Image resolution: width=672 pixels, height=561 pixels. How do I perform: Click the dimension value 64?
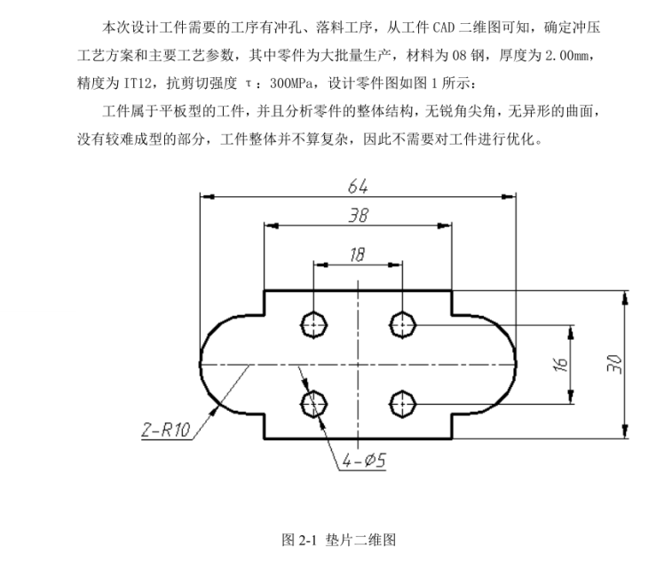click(x=358, y=186)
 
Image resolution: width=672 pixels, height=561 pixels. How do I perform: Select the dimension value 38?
click(x=358, y=216)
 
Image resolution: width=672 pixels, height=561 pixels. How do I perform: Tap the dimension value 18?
click(x=357, y=255)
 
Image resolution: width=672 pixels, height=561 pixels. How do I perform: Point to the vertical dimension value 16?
click(x=558, y=363)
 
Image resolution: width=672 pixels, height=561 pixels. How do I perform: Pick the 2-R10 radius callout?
click(x=166, y=431)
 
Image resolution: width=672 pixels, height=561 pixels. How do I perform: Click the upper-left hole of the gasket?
click(x=314, y=324)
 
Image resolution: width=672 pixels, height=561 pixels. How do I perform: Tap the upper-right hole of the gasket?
click(x=402, y=324)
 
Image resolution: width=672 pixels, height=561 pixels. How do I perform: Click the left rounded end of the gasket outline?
click(x=202, y=364)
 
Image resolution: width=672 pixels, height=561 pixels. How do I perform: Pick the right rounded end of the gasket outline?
click(x=516, y=364)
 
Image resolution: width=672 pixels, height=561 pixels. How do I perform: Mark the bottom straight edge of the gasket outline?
click(x=358, y=439)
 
